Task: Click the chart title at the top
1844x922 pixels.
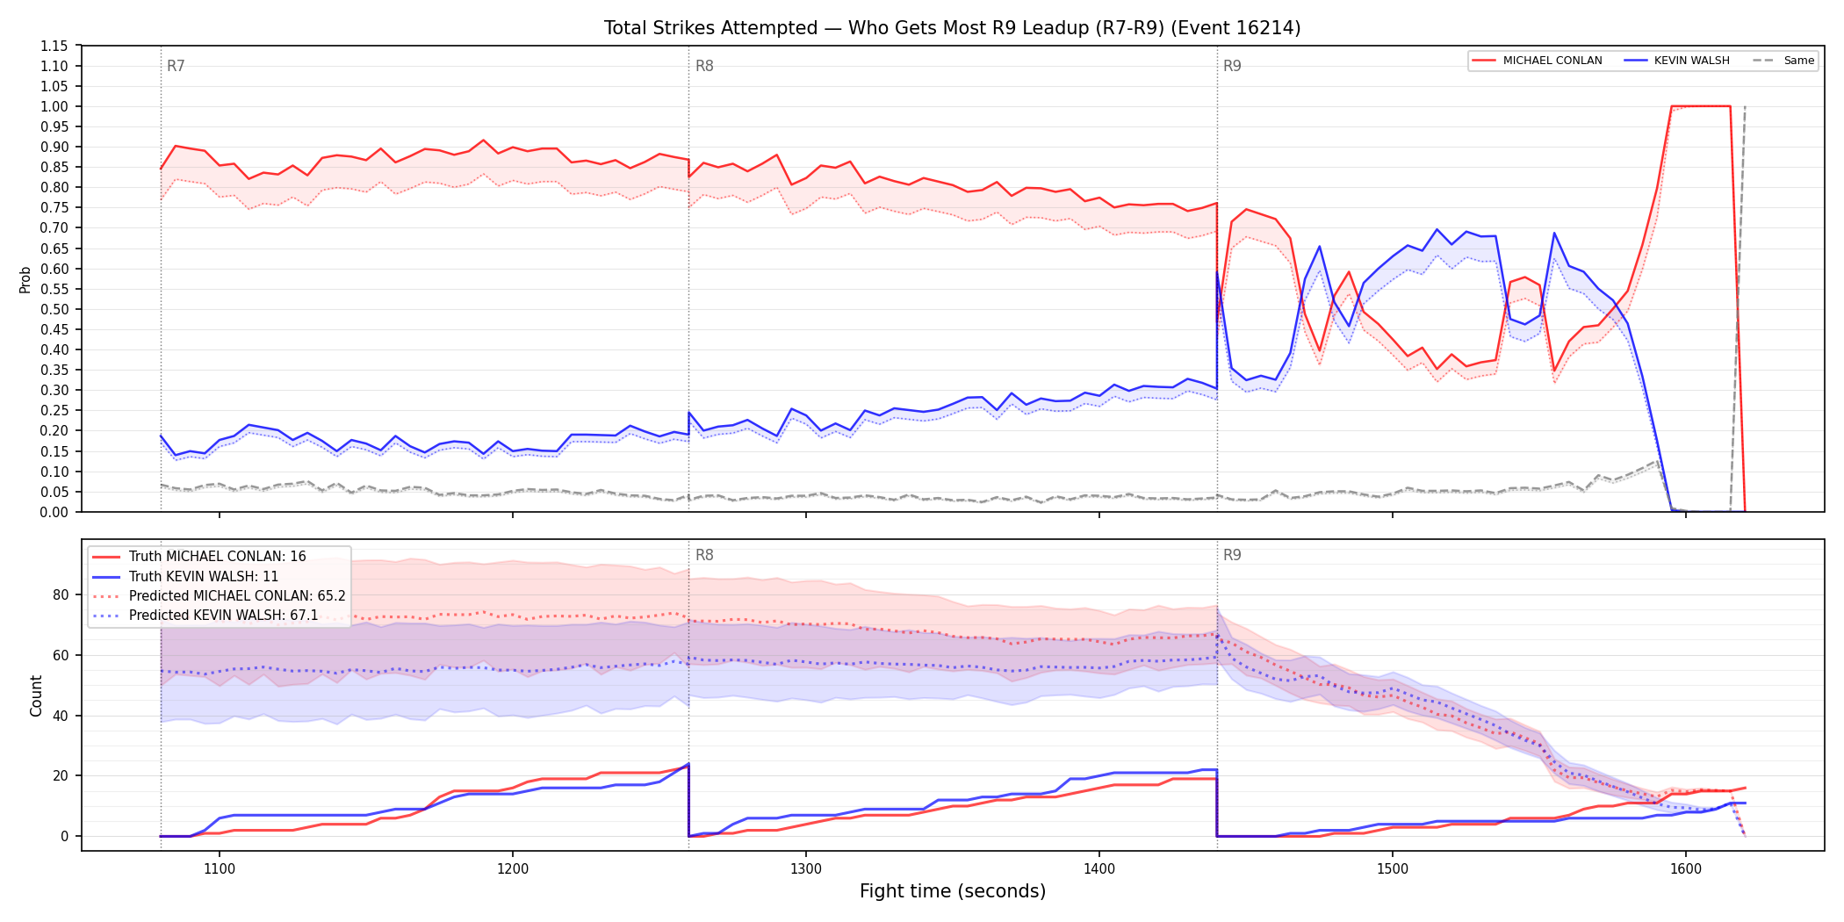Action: pos(952,28)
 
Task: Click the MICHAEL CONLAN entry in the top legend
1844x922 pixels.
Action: pos(1552,61)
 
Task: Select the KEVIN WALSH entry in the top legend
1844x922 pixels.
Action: pos(1691,61)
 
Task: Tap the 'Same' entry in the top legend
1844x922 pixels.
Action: pos(1798,61)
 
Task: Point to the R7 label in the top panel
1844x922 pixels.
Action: pos(176,66)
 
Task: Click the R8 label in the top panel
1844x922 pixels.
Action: pos(704,66)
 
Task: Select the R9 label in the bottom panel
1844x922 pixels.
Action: pos(1232,555)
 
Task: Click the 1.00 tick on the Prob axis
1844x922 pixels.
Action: pos(54,106)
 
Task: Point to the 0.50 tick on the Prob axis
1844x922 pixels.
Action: pos(54,309)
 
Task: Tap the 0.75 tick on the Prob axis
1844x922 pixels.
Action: pos(54,208)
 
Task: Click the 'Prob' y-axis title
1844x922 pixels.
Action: pos(25,279)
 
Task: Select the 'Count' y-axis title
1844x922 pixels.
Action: pos(36,695)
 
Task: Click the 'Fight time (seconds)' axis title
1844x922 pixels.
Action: pos(953,891)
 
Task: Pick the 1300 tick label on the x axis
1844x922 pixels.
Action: pos(806,869)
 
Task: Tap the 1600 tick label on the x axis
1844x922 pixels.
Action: pos(1686,869)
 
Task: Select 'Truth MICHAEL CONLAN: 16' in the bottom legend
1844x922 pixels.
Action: pos(217,557)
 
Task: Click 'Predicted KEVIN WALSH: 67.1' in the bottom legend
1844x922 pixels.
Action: pos(224,616)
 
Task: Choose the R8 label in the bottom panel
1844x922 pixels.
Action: pos(704,555)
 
